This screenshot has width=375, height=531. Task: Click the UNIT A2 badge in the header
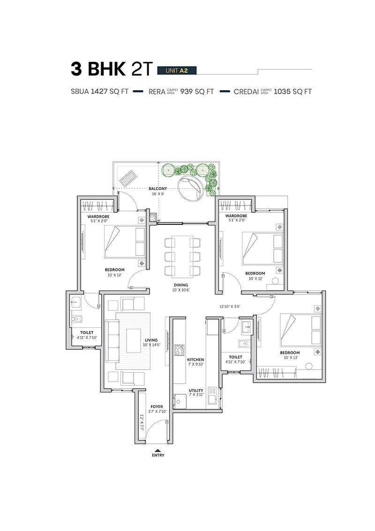[177, 70]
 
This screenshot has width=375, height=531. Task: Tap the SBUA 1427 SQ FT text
[100, 92]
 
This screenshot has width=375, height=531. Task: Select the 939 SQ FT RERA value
[197, 92]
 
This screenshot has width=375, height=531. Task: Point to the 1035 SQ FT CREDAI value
[292, 92]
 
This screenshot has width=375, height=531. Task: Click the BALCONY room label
[158, 189]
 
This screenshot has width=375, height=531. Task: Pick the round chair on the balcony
[191, 188]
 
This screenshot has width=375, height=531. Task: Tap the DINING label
[181, 285]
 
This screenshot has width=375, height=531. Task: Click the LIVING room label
[151, 340]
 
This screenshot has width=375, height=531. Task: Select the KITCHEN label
[195, 360]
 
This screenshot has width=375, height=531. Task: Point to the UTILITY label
[196, 391]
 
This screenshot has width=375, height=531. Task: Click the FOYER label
[157, 407]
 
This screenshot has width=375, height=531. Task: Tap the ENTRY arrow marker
[157, 450]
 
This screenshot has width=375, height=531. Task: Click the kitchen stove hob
[179, 350]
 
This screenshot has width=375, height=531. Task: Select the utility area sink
[213, 395]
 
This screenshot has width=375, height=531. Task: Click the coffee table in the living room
[134, 341]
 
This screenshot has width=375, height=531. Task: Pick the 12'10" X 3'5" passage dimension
[230, 307]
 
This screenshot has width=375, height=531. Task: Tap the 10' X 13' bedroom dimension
[290, 357]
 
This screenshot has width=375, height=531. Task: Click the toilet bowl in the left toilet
[77, 319]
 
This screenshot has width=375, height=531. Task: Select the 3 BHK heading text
[98, 69]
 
